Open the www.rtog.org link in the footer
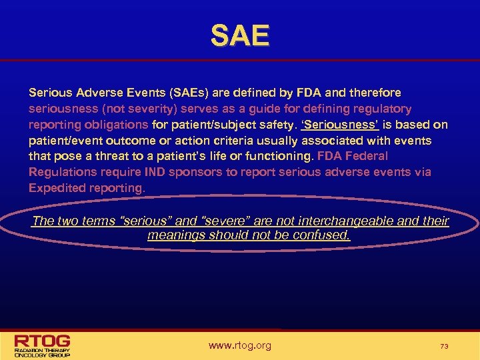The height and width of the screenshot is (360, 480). coord(240,345)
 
